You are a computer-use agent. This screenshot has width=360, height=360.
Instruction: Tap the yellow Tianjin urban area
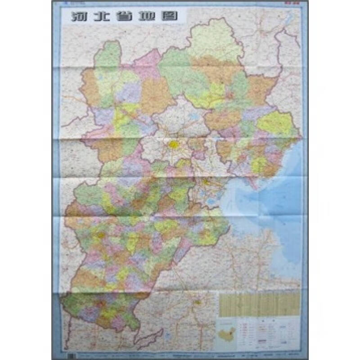point(206,182)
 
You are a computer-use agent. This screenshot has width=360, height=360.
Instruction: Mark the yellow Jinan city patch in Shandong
point(197,302)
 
